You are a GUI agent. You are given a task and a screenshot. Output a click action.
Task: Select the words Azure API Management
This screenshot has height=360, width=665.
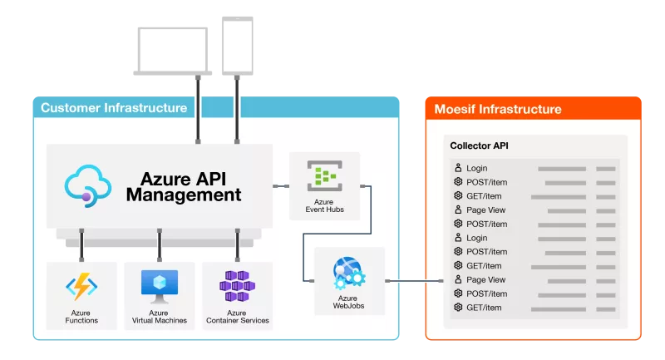point(183,186)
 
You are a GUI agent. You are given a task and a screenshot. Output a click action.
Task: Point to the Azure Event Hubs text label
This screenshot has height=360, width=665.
point(324,205)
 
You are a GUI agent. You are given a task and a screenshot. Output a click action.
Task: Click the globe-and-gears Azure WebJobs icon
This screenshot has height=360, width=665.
point(348,272)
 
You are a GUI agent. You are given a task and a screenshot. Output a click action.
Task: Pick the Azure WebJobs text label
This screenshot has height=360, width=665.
point(348,302)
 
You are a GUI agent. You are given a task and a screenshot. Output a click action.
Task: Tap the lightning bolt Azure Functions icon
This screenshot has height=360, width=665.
point(81,288)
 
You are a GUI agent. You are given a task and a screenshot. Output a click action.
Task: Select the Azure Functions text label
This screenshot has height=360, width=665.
point(81,316)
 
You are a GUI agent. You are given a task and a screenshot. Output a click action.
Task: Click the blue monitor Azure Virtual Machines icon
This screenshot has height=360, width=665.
point(159,286)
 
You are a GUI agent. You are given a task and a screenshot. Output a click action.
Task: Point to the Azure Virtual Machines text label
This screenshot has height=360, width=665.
point(159,316)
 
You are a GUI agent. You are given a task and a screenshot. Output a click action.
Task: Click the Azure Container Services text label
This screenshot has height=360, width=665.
point(237,316)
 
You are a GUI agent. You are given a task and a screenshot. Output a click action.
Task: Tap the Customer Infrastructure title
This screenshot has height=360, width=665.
point(114,108)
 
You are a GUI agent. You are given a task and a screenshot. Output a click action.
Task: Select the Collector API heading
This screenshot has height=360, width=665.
point(479,145)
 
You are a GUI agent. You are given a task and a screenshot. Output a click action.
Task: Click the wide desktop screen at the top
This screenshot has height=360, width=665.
point(173,52)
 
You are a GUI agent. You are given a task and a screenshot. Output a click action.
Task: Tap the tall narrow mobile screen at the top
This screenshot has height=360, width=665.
point(238,45)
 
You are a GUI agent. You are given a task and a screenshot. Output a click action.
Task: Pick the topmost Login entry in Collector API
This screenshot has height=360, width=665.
point(477,169)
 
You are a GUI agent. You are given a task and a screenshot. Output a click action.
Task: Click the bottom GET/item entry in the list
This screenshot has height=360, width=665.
point(484,308)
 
